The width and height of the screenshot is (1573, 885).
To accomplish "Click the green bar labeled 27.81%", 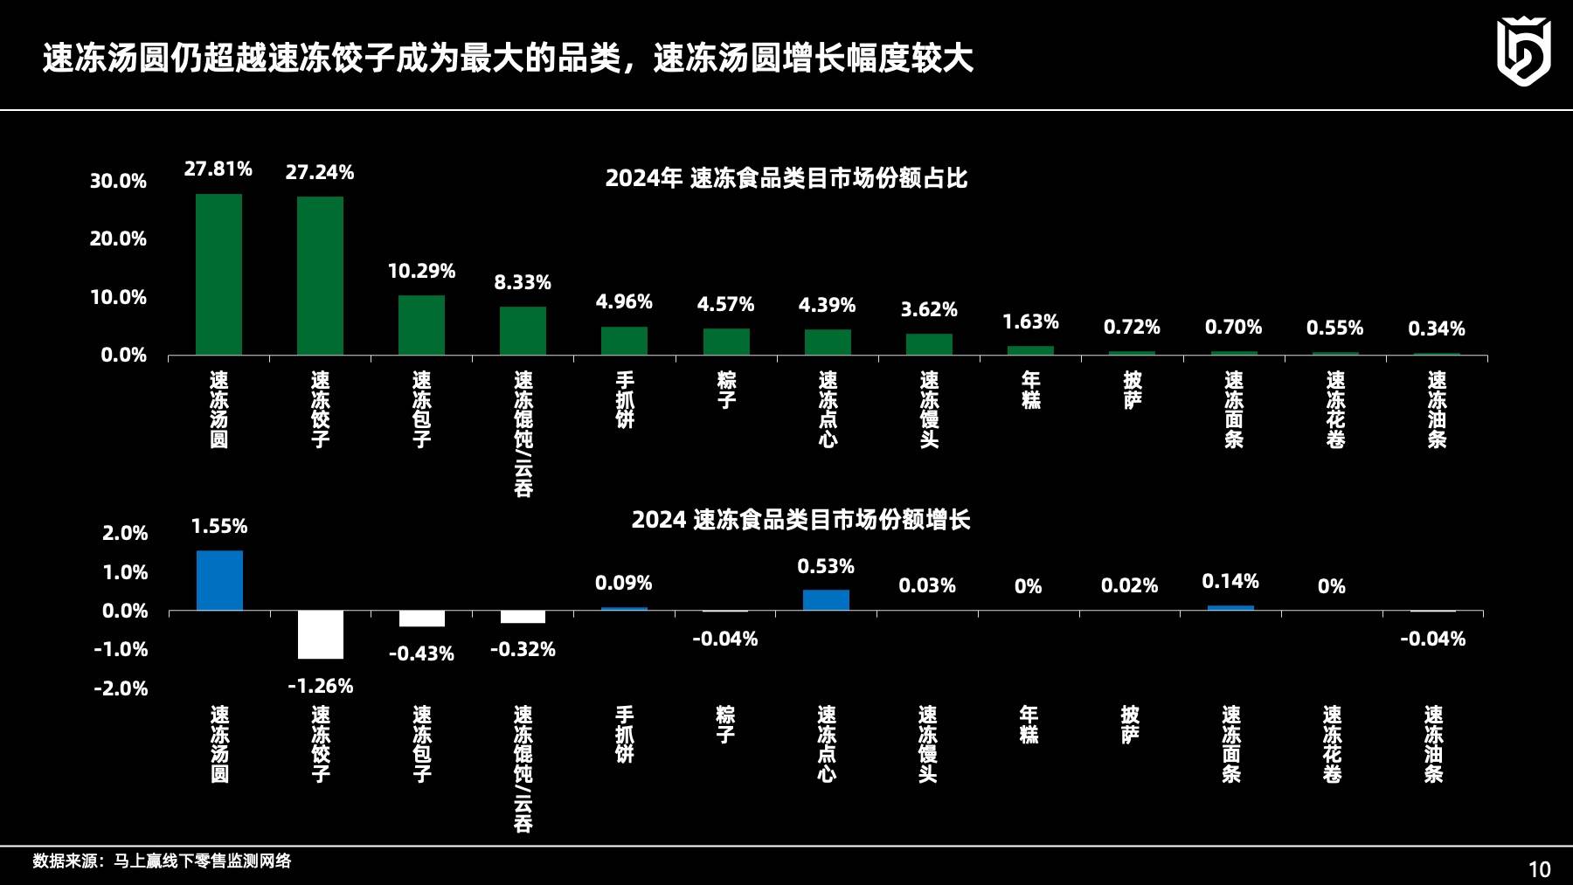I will [218, 274].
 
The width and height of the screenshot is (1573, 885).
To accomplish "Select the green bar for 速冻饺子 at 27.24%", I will [320, 276].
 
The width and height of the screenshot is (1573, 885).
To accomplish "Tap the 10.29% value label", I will [421, 271].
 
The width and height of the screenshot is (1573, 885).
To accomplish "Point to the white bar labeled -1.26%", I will [320, 634].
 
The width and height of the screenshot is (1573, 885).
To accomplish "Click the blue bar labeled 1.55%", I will [219, 580].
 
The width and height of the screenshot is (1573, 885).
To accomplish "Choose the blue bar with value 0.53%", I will [826, 599].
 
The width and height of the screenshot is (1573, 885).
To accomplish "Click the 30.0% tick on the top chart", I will [118, 181].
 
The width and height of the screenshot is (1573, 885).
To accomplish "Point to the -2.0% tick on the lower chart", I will [121, 688].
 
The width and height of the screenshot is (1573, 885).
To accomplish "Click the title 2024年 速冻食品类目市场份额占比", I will [786, 178].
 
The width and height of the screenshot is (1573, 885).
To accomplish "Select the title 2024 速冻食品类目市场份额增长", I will [800, 520].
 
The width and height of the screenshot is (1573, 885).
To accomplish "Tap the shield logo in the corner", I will [1523, 52].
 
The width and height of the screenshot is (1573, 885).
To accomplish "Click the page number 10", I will [1539, 869].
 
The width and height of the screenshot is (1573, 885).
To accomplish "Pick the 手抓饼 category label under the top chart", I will [625, 400].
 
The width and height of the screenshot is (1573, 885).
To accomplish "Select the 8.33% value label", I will [523, 282].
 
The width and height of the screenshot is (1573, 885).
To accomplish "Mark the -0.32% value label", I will [523, 649].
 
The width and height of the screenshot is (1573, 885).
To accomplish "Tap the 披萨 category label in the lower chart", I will [1130, 725].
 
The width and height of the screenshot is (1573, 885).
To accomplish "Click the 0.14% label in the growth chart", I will [1230, 581].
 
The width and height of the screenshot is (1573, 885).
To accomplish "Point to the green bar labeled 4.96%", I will [624, 341].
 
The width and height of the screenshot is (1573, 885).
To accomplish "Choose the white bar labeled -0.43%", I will [422, 619].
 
